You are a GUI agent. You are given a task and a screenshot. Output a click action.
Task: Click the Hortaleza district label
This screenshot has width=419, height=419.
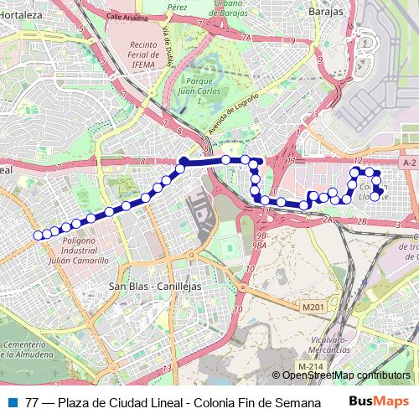pyautogui.click(x=20, y=14)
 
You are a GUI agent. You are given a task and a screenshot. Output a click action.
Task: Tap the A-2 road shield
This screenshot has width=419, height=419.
pyautogui.click(x=409, y=162)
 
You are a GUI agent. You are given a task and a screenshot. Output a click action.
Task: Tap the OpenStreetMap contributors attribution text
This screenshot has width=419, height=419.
pyautogui.click(x=346, y=375)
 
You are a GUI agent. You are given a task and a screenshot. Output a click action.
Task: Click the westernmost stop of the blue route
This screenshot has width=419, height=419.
pyautogui.click(x=37, y=235)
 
